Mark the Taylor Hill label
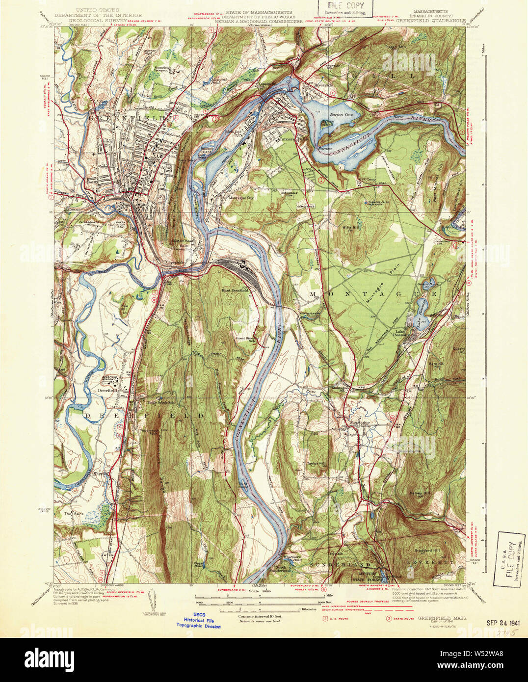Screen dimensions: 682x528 coord(317,463)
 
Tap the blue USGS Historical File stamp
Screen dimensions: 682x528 coord(199,622)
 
